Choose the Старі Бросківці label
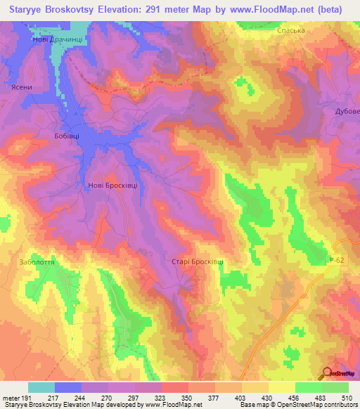(198, 261)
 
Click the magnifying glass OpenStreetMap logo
(327, 375)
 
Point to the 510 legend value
(347, 398)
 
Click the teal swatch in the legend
(41, 387)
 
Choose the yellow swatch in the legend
(281, 387)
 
